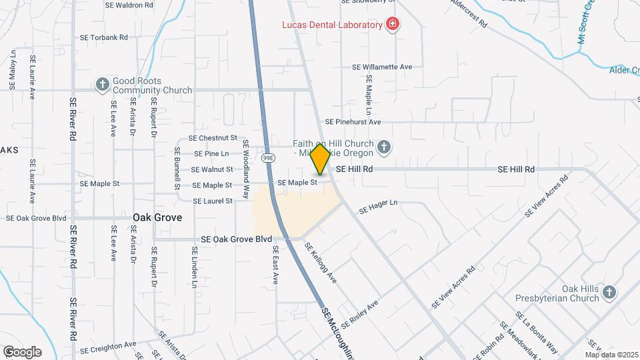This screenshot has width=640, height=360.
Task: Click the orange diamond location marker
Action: pyautogui.click(x=320, y=160)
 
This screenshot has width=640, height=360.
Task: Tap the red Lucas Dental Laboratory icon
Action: pyautogui.click(x=393, y=25)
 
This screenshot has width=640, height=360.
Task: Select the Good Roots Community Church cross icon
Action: pyautogui.click(x=102, y=84)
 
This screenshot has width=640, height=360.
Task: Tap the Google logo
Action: pyautogui.click(x=22, y=351)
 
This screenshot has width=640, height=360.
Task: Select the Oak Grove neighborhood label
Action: pyautogui.click(x=157, y=217)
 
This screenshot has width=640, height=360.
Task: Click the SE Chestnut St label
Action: pyautogui.click(x=213, y=138)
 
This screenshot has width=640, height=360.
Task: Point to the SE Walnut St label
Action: pyautogui.click(x=213, y=169)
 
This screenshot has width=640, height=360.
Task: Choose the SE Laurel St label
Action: pyautogui.click(x=213, y=201)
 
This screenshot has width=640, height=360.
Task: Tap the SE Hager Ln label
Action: pyautogui.click(x=378, y=207)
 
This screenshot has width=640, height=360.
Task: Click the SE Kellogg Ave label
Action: pyautogui.click(x=320, y=263)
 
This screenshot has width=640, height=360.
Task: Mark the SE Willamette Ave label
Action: pyautogui.click(x=383, y=67)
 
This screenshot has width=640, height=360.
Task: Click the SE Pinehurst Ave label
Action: pyautogui.click(x=353, y=122)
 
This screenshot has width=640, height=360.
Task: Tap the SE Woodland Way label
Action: pyautogui.click(x=245, y=169)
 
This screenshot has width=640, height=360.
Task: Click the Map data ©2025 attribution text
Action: pyautogui.click(x=612, y=355)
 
